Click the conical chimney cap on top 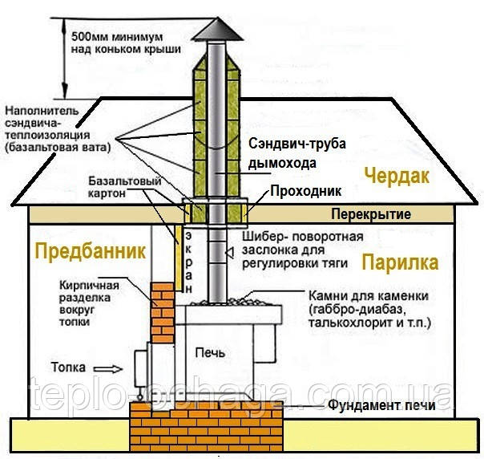click(218, 30)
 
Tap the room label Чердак click(397, 177)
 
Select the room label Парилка click(400, 262)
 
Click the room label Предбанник click(90, 251)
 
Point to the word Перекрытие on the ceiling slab click(371, 214)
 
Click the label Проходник click(306, 191)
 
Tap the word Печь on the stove click(210, 352)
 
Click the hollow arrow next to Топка click(108, 369)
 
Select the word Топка click(68, 367)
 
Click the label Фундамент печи click(381, 404)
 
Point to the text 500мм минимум click(117, 37)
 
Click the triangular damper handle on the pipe click(229, 253)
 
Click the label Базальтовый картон click(125, 187)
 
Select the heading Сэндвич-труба click(297, 144)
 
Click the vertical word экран click(188, 262)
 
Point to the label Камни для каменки click(369, 296)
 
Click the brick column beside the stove click(163, 312)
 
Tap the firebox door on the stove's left click(141, 369)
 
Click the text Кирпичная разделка click(89, 291)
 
